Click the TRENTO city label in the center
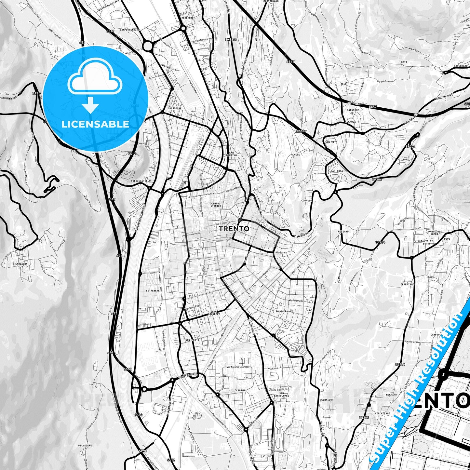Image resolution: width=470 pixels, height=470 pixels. [x=234, y=229]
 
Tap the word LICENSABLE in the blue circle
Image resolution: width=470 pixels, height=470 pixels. [x=95, y=124]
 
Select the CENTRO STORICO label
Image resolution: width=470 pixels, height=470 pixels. [x=216, y=205]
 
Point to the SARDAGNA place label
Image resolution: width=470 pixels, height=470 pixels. [x=21, y=264]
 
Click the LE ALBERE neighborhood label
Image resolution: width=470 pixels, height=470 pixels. [x=152, y=291]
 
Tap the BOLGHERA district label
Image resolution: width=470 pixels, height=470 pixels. [x=282, y=311]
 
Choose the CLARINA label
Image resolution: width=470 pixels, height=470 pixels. [x=240, y=390]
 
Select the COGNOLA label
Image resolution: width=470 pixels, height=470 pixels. [x=350, y=122]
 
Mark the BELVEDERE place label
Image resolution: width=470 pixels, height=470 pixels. [x=85, y=446]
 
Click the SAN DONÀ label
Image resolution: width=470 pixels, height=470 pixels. [x=337, y=171]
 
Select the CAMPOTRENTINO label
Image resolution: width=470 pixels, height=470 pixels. [x=130, y=30]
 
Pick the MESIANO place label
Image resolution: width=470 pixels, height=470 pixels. [x=343, y=232]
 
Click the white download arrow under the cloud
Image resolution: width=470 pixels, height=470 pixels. [x=91, y=106]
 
